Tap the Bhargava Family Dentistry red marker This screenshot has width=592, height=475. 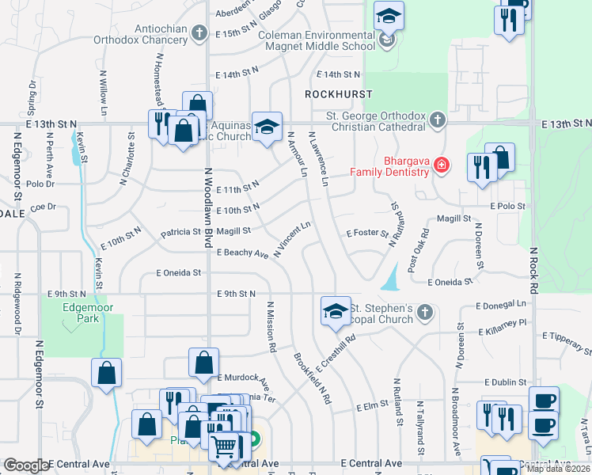[442, 165]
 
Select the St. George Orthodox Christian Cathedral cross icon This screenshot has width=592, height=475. [437, 121]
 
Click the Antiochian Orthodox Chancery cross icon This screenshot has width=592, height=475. [199, 33]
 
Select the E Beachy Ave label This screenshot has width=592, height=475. [242, 253]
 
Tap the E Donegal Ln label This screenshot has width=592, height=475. [501, 304]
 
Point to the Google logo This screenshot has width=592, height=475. [26, 465]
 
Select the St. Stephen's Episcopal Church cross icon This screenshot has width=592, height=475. [424, 312]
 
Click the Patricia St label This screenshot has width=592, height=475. [180, 233]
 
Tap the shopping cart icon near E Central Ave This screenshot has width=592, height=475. [225, 447]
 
